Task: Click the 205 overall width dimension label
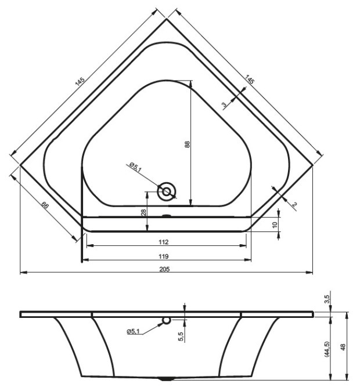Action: pyautogui.click(x=164, y=269)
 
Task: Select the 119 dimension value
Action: pyautogui.click(x=164, y=256)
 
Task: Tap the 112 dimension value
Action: pyautogui.click(x=164, y=242)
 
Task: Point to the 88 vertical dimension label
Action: pyautogui.click(x=187, y=144)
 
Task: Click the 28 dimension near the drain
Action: pyautogui.click(x=143, y=212)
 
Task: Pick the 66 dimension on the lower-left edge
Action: pyautogui.click(x=45, y=205)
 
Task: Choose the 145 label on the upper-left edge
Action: pyautogui.click(x=80, y=82)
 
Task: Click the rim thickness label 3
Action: pyautogui.click(x=224, y=105)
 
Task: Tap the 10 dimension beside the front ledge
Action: pyautogui.click(x=275, y=225)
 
